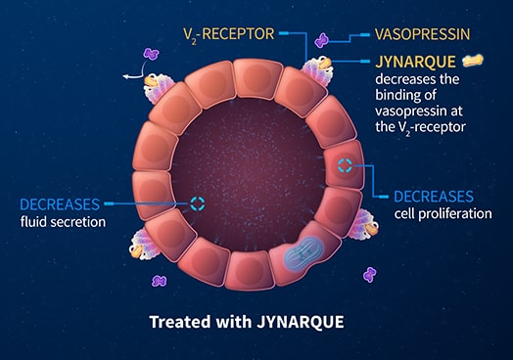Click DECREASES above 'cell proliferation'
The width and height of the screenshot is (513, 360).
[x=433, y=196]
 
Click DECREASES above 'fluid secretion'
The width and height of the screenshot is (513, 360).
[x=59, y=204]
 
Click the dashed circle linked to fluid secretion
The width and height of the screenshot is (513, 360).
[x=199, y=203]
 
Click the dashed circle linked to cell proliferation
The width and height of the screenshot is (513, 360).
[x=347, y=164]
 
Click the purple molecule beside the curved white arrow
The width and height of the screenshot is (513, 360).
[x=152, y=58]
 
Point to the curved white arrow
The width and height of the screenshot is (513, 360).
[x=136, y=69]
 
